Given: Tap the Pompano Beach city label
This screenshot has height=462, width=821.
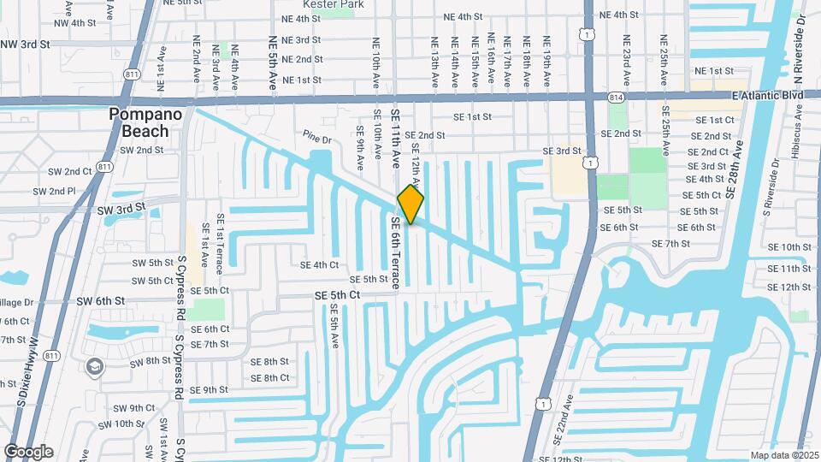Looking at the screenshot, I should point(139,122).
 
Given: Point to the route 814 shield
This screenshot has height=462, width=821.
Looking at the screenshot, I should point(616,99).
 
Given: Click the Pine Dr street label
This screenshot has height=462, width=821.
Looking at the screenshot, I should point(316,137).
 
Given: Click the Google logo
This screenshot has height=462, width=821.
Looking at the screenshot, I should point(28,452).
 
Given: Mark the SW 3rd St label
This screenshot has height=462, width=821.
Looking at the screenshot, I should point(122,210).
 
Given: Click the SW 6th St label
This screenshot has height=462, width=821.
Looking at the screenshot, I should point(100,301).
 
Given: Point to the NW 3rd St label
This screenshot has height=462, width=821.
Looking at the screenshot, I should point(23,44).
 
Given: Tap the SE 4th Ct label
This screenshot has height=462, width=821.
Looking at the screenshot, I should point(319,265).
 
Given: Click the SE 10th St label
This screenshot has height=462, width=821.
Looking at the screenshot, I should point(789,247).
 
